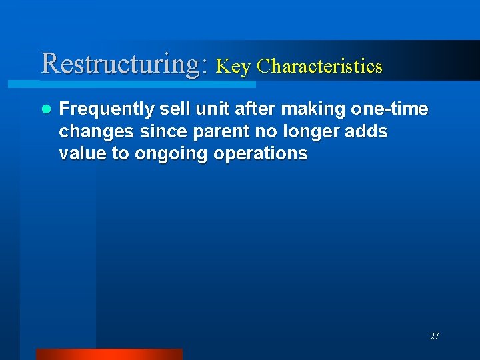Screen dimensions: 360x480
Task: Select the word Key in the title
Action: pyautogui.click(x=233, y=66)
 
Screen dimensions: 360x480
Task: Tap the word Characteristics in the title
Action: pyautogui.click(x=319, y=66)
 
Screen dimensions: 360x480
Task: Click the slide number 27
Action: pyautogui.click(x=434, y=337)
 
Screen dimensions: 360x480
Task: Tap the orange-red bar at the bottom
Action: pyautogui.click(x=109, y=354)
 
